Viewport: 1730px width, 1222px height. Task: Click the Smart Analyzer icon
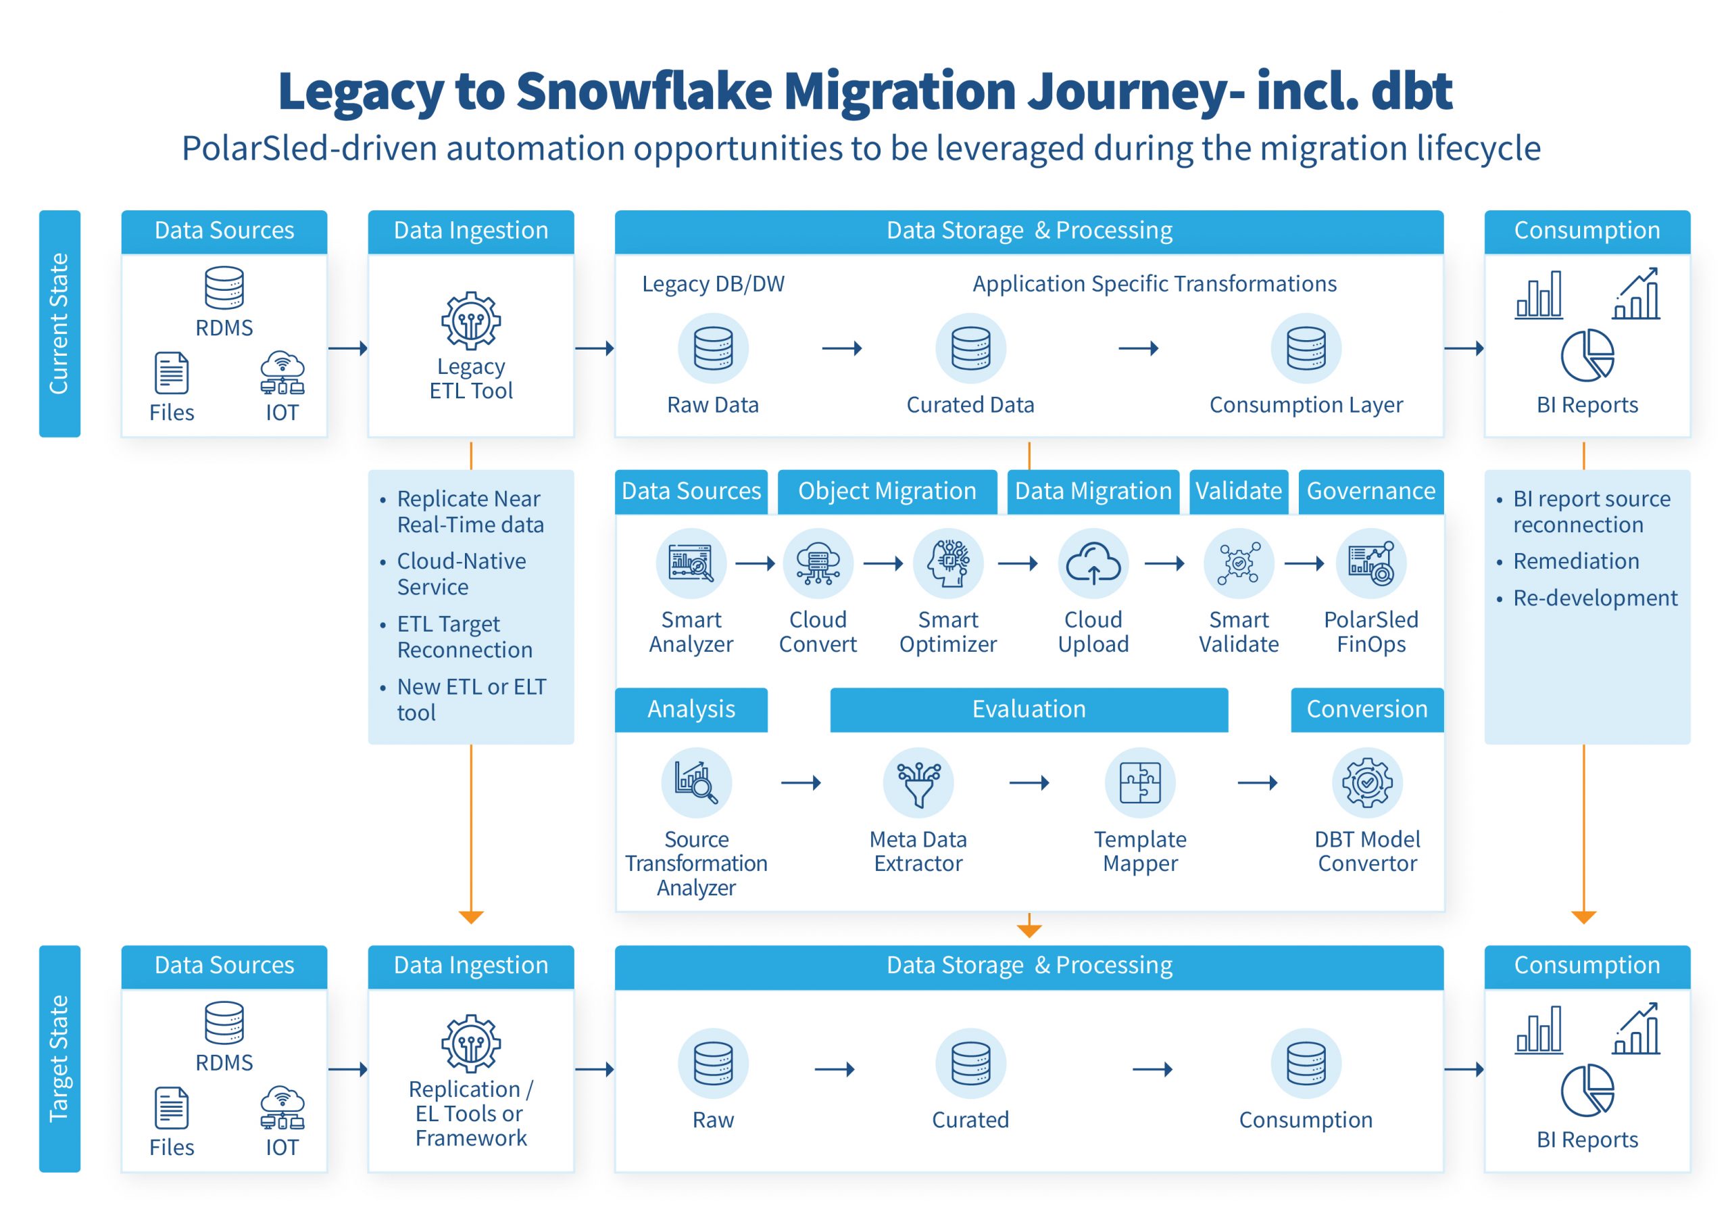click(691, 563)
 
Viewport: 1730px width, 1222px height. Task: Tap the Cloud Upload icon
click(1093, 563)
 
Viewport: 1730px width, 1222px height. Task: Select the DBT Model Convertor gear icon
click(1367, 782)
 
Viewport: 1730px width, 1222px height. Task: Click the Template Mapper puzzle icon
click(1140, 782)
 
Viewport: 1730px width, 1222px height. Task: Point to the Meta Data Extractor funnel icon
click(918, 782)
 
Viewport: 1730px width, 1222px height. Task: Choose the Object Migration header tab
click(887, 492)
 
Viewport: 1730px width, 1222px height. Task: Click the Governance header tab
click(1370, 492)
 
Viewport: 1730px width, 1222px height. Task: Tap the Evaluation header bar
click(1029, 709)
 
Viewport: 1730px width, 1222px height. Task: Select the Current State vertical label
click(59, 323)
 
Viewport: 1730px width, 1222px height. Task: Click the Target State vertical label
click(59, 1058)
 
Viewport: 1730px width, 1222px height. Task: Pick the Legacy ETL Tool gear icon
click(471, 321)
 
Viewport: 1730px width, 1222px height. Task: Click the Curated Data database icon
click(970, 348)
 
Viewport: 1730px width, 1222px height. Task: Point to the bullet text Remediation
click(1577, 561)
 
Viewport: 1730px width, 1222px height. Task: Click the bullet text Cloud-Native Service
click(462, 573)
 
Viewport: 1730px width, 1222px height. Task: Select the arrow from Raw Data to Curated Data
click(841, 348)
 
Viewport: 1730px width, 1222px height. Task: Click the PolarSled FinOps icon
click(1371, 563)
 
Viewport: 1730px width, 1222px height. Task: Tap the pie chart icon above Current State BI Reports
click(1587, 356)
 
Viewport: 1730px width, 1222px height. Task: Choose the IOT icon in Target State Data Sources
click(282, 1108)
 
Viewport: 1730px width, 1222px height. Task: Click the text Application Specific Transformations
click(1154, 284)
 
